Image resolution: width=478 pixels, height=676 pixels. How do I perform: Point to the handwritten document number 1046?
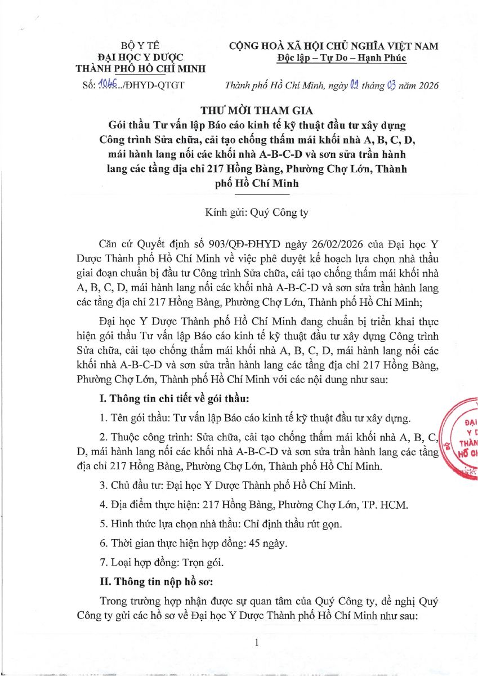(107, 85)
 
